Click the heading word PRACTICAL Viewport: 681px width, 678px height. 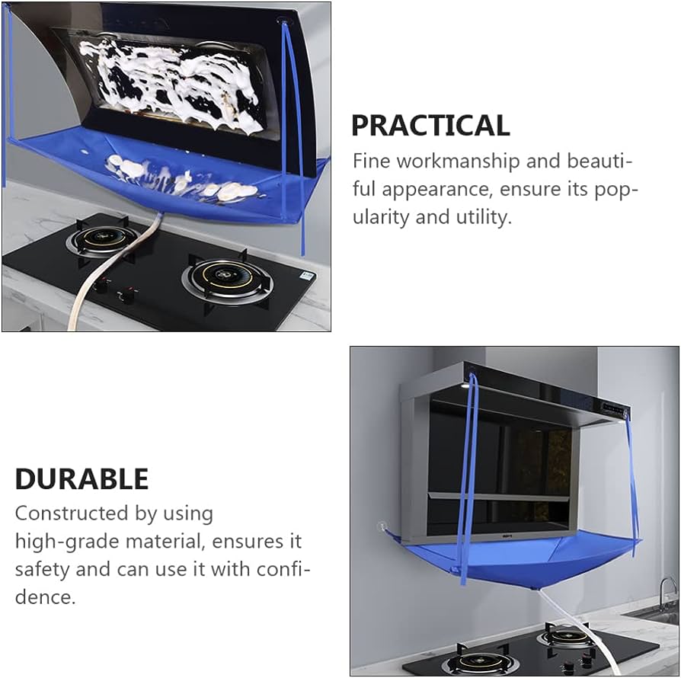[430, 126]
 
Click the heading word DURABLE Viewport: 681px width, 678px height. [82, 479]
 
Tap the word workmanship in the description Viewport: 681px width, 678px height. [458, 162]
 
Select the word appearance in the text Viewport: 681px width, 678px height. [437, 190]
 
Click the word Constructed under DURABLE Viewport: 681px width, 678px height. [72, 513]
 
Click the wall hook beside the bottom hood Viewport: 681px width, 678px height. [382, 526]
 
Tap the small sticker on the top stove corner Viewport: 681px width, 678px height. [307, 276]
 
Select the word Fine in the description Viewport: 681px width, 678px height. [371, 162]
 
